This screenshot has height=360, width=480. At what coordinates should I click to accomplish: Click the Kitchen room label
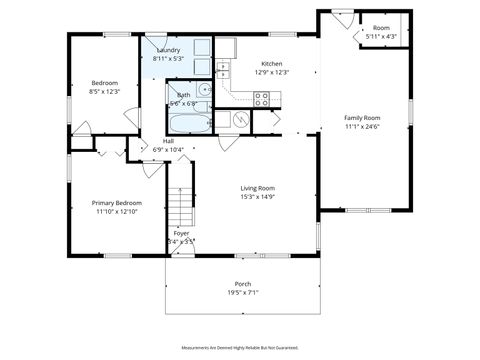pyautogui.click(x=273, y=62)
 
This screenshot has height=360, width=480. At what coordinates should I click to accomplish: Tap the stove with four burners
pyautogui.click(x=262, y=98)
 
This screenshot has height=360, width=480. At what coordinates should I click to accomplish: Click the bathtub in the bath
pyautogui.click(x=189, y=124)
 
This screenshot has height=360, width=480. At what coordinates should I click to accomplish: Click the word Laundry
pyautogui.click(x=166, y=49)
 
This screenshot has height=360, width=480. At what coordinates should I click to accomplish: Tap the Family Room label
pyautogui.click(x=362, y=118)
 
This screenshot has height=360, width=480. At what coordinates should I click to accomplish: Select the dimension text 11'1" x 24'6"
pyautogui.click(x=362, y=127)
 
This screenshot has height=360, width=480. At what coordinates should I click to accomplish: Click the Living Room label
pyautogui.click(x=257, y=187)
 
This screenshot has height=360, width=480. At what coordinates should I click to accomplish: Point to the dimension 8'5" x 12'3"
pyautogui.click(x=104, y=91)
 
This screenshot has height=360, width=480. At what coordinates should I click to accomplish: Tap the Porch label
pyautogui.click(x=243, y=283)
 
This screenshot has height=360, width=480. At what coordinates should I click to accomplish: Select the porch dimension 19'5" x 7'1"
pyautogui.click(x=243, y=292)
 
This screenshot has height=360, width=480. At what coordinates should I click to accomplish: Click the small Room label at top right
pyautogui.click(x=381, y=27)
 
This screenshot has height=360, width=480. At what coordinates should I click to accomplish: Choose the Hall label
pyautogui.click(x=168, y=141)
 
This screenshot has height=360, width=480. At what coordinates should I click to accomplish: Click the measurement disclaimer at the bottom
pyautogui.click(x=240, y=348)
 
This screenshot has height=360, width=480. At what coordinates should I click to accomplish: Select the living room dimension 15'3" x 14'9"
pyautogui.click(x=257, y=196)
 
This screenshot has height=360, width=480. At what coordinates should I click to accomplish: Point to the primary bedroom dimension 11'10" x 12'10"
pyautogui.click(x=116, y=211)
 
